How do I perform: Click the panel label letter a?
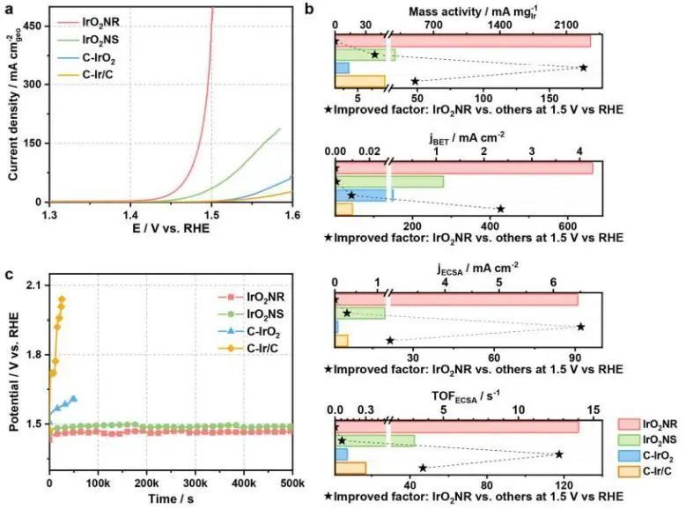tap(9, 10)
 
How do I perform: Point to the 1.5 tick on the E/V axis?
tap(211, 214)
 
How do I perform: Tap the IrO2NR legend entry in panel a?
tap(97, 22)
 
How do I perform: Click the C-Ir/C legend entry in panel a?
tap(95, 73)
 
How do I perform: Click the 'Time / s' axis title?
tap(171, 499)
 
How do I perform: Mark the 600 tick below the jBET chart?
tap(566, 225)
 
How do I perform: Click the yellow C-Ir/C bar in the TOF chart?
tap(350, 468)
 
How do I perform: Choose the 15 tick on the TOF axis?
tap(594, 410)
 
